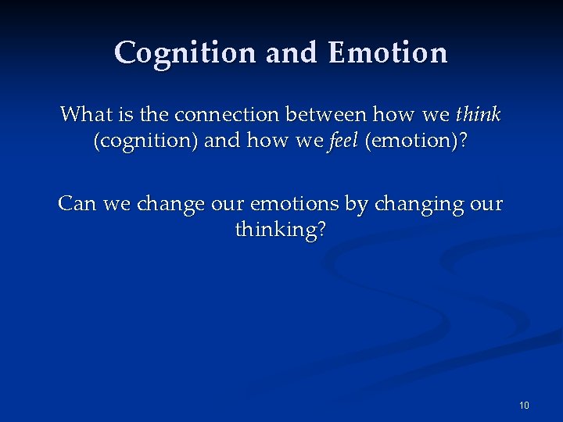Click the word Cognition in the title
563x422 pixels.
tap(185, 53)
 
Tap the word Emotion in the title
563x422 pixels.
tap(388, 53)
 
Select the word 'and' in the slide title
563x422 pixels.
tap(292, 53)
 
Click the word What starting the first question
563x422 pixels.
tap(86, 115)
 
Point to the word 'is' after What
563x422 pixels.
tap(125, 115)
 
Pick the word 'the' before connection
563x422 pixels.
tap(154, 115)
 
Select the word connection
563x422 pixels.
tap(228, 115)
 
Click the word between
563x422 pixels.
tap(326, 115)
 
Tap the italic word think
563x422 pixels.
tap(478, 115)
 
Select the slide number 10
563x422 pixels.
tap(524, 405)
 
